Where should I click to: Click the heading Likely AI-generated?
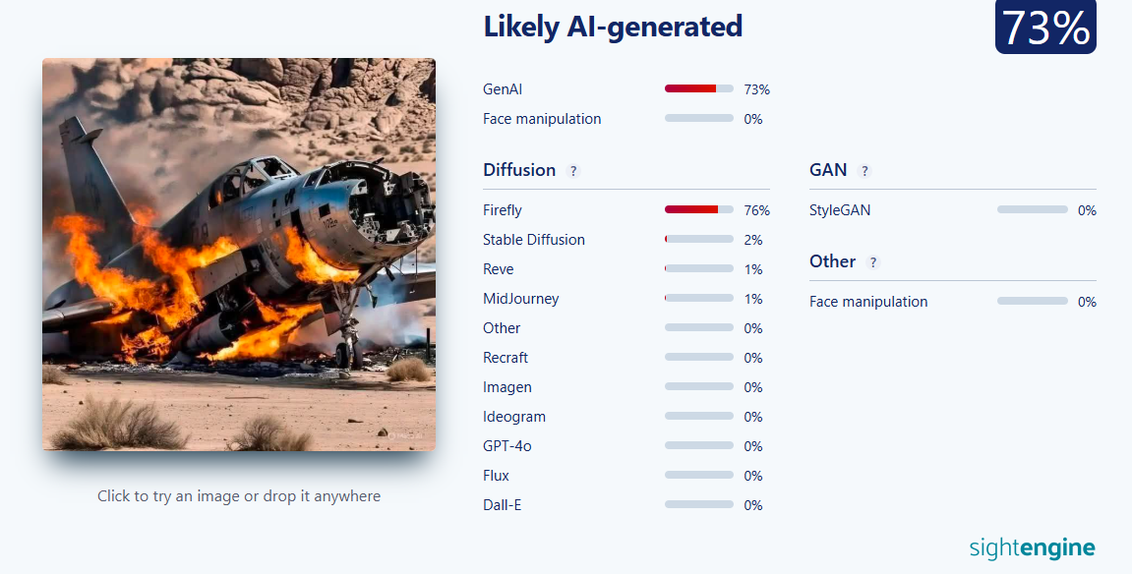click(613, 27)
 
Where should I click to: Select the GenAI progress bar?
click(699, 88)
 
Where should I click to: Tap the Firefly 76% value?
click(756, 210)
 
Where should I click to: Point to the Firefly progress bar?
click(699, 209)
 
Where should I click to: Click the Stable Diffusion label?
click(533, 240)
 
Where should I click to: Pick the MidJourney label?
click(520, 299)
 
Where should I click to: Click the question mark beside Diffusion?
click(573, 171)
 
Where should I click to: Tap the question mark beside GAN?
click(864, 171)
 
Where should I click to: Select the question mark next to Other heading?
click(872, 262)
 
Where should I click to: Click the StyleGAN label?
click(840, 210)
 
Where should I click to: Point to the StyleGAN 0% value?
click(1087, 210)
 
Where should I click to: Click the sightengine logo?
click(1033, 548)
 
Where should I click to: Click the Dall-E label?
click(502, 505)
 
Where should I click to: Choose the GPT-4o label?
click(506, 445)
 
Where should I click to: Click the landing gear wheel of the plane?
click(345, 355)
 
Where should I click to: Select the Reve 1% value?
click(753, 269)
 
